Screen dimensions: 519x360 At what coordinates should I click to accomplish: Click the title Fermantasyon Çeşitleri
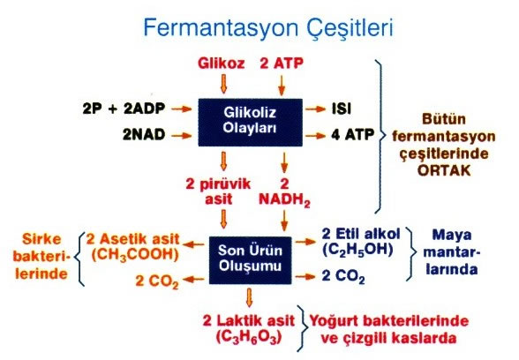(x=268, y=28)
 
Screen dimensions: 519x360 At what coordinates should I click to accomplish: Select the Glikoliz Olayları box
(x=251, y=123)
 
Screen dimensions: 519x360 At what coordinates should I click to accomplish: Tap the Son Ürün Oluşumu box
(x=251, y=260)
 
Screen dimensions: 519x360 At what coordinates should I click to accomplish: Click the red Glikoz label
(x=221, y=64)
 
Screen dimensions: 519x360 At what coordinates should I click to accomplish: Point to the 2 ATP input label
(x=282, y=64)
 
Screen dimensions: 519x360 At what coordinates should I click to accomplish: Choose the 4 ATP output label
(x=353, y=135)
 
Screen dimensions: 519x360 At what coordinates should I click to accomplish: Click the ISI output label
(x=342, y=109)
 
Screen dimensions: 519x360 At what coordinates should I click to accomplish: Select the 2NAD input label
(x=144, y=135)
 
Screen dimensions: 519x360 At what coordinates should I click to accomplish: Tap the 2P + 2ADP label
(x=124, y=109)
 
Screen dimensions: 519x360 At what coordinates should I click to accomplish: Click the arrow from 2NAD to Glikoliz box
(x=182, y=135)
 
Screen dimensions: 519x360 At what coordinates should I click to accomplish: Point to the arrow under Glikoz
(x=224, y=84)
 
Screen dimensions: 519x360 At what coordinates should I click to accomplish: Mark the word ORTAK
(x=444, y=170)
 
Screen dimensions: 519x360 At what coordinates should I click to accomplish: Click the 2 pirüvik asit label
(x=219, y=192)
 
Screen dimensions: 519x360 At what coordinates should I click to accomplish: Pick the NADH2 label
(x=284, y=200)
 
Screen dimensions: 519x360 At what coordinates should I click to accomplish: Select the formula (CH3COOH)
(x=135, y=255)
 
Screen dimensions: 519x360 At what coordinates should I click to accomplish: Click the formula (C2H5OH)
(x=357, y=251)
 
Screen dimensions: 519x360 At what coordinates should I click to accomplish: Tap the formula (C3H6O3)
(x=249, y=337)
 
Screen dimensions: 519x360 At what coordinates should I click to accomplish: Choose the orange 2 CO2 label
(x=157, y=281)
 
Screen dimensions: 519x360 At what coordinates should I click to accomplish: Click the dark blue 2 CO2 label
(x=343, y=277)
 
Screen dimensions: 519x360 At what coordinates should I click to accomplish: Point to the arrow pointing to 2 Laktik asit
(x=250, y=297)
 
